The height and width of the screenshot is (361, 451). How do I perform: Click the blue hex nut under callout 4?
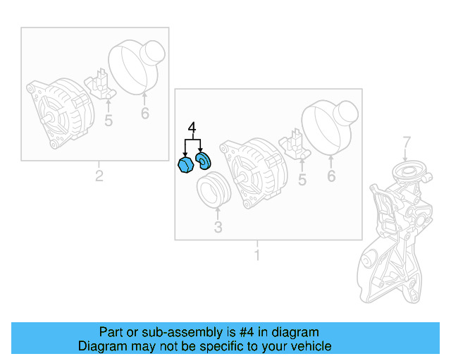coord(185,166)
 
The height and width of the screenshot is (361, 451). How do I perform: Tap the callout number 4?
coord(191,128)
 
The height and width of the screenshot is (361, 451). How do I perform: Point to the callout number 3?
coord(218,227)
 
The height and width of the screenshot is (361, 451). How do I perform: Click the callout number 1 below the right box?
coord(257,255)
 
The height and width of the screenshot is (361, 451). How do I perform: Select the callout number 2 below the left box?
coord(99,176)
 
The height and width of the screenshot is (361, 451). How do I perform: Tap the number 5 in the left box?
coord(108,121)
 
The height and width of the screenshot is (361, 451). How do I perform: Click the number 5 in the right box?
coord(302,180)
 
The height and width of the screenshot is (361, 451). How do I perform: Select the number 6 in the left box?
coord(144,113)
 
